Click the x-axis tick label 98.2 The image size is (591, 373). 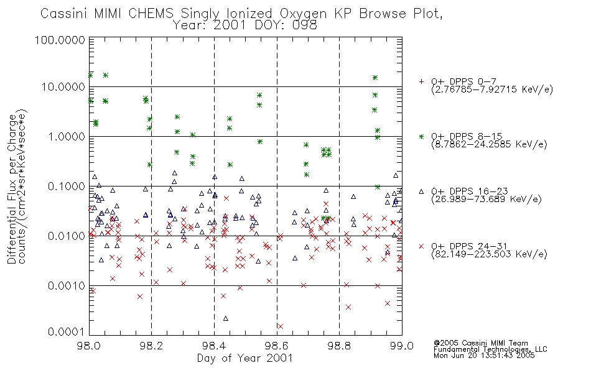(x=151, y=346)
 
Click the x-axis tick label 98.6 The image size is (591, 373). (x=277, y=346)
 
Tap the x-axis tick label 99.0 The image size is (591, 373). (x=402, y=346)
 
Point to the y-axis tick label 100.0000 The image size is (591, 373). (x=60, y=40)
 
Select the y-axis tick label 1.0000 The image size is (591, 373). (x=67, y=136)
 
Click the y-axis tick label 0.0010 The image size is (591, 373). (x=67, y=285)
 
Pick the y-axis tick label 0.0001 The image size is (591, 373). (x=67, y=331)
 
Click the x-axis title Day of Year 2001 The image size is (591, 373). (x=244, y=358)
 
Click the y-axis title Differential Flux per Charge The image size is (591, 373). (x=12, y=189)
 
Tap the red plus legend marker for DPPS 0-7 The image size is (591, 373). (x=421, y=81)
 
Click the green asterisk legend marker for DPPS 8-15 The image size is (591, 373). (x=421, y=136)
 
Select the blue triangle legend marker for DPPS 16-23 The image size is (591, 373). (x=421, y=191)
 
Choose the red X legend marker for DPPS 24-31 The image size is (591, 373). (x=421, y=246)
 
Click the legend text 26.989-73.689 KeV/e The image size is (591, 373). (x=486, y=200)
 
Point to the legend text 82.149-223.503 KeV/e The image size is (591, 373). (x=489, y=254)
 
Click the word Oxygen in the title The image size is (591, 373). (x=304, y=14)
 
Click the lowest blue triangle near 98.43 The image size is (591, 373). (x=225, y=318)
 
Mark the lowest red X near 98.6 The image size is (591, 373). (x=280, y=326)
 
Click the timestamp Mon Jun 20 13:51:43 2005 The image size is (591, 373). (x=484, y=356)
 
